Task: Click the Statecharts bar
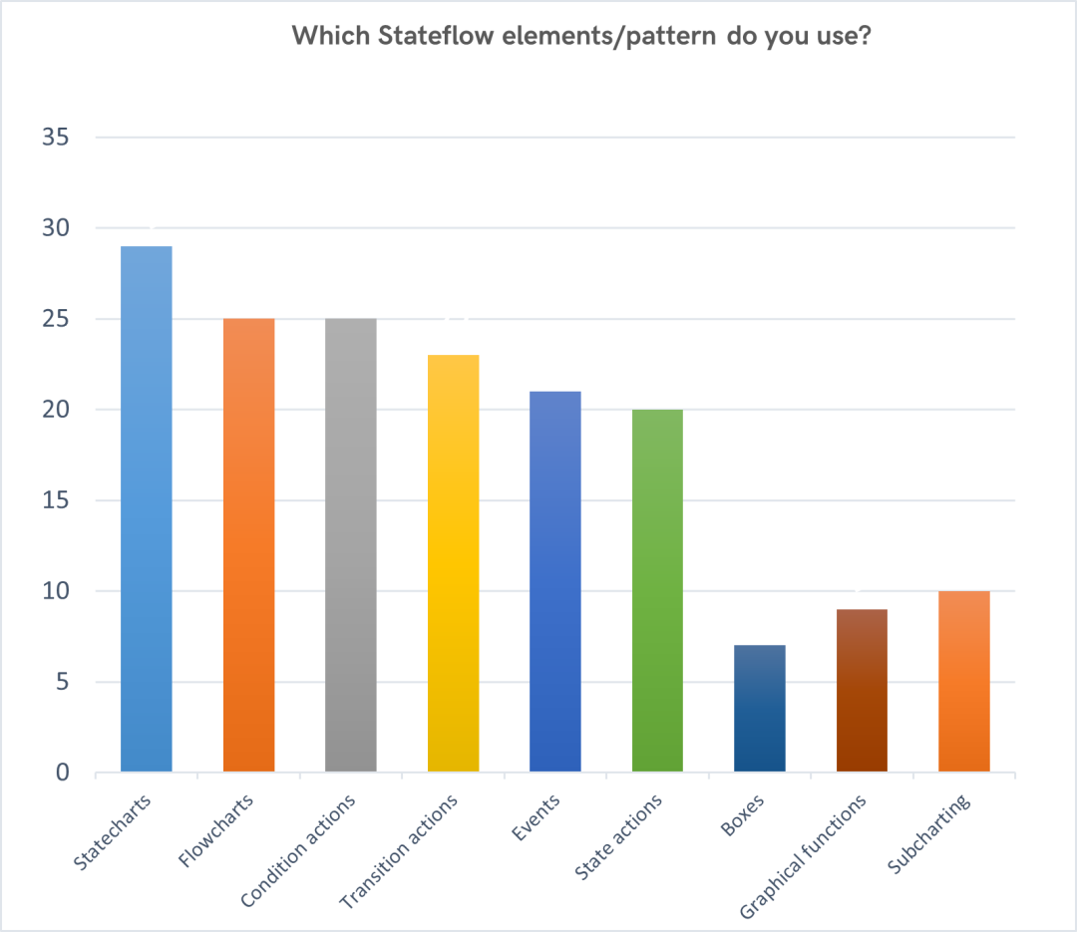147,509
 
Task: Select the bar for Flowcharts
248,545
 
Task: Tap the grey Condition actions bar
351,545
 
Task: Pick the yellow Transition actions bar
454,563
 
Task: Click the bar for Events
555,582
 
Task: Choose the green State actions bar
657,591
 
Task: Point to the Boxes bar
760,708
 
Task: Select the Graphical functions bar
862,690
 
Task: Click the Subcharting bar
964,682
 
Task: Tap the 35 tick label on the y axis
56,138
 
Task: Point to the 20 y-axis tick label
56,410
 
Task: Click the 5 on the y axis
63,682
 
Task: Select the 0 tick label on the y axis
63,772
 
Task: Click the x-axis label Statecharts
112,832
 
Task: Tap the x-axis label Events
536,817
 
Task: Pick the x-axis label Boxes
743,815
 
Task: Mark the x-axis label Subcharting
928,833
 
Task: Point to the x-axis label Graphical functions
803,856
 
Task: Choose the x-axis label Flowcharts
215,830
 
